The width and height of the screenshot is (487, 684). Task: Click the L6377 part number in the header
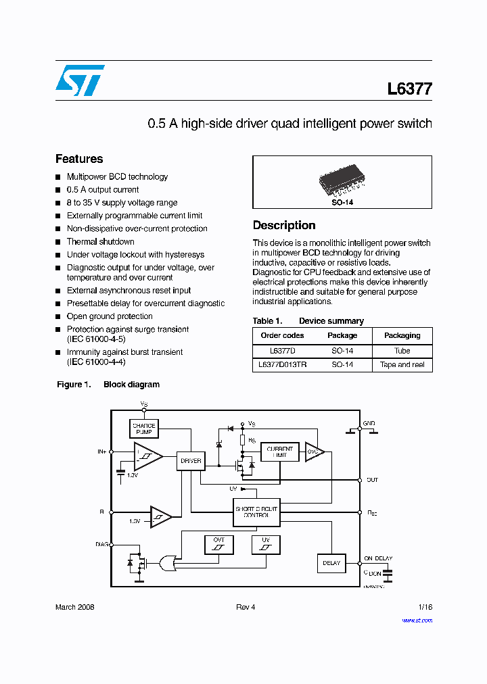point(409,89)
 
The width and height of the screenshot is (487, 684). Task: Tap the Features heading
point(79,159)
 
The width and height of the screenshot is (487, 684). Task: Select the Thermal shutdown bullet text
point(100,241)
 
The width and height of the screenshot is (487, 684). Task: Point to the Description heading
point(284,225)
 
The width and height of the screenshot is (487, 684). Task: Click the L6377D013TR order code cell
point(282,364)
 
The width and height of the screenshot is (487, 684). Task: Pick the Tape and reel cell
point(402,364)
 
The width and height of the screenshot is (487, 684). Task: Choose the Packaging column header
point(402,335)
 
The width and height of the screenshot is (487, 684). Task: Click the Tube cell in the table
point(402,351)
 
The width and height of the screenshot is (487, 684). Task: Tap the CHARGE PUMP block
point(143,429)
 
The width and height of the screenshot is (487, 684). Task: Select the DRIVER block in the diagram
point(191,461)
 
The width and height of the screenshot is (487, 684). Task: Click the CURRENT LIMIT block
point(279,451)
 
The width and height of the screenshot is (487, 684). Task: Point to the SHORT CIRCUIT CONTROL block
point(256,511)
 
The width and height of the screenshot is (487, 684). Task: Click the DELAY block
point(331,563)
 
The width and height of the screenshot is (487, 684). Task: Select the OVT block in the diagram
point(218,544)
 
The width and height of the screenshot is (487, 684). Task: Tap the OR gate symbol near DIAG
point(167,562)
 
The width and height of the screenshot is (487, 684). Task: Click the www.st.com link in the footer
point(417,620)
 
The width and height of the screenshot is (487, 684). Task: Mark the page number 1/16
point(425,607)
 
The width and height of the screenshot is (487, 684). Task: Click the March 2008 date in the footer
point(74,607)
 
